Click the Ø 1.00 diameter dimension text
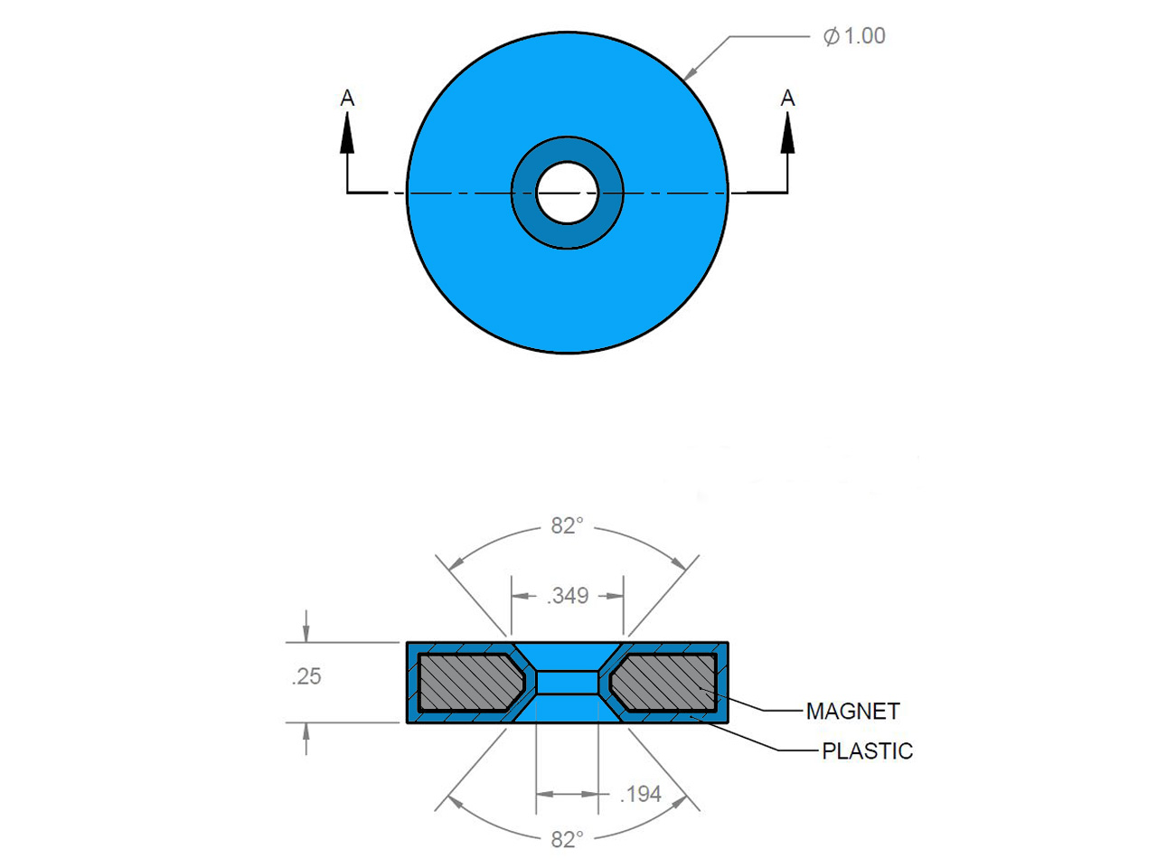click(853, 36)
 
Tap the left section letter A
click(347, 98)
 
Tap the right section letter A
click(787, 98)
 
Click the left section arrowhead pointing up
click(347, 133)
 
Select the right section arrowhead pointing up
click(787, 133)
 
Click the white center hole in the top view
click(567, 193)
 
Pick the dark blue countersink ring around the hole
click(567, 148)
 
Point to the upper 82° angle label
click(567, 526)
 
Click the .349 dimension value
click(568, 596)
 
